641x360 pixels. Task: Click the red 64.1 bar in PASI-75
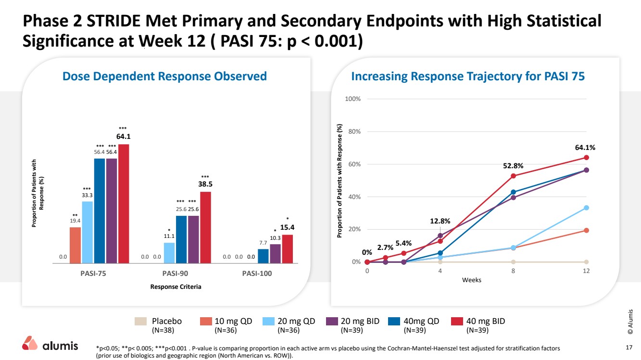pos(124,204)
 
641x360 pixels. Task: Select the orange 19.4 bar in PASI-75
pos(75,245)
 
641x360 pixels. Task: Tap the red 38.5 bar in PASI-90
pos(205,227)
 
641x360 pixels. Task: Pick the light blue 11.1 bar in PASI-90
pos(169,253)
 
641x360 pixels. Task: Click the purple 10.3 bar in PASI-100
pos(275,254)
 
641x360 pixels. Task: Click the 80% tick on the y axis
pos(354,132)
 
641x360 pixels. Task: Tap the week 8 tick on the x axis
pos(513,271)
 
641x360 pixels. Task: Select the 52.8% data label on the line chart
pos(513,166)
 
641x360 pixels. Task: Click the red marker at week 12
pos(586,158)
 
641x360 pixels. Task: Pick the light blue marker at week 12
pos(586,208)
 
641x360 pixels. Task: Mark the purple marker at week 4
pos(440,236)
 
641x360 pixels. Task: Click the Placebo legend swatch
pos(140,321)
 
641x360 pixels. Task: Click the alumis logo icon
pos(29,343)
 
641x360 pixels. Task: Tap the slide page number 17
pos(629,348)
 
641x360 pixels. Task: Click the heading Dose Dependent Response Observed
pos(164,76)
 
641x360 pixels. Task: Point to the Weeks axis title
pos(471,280)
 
